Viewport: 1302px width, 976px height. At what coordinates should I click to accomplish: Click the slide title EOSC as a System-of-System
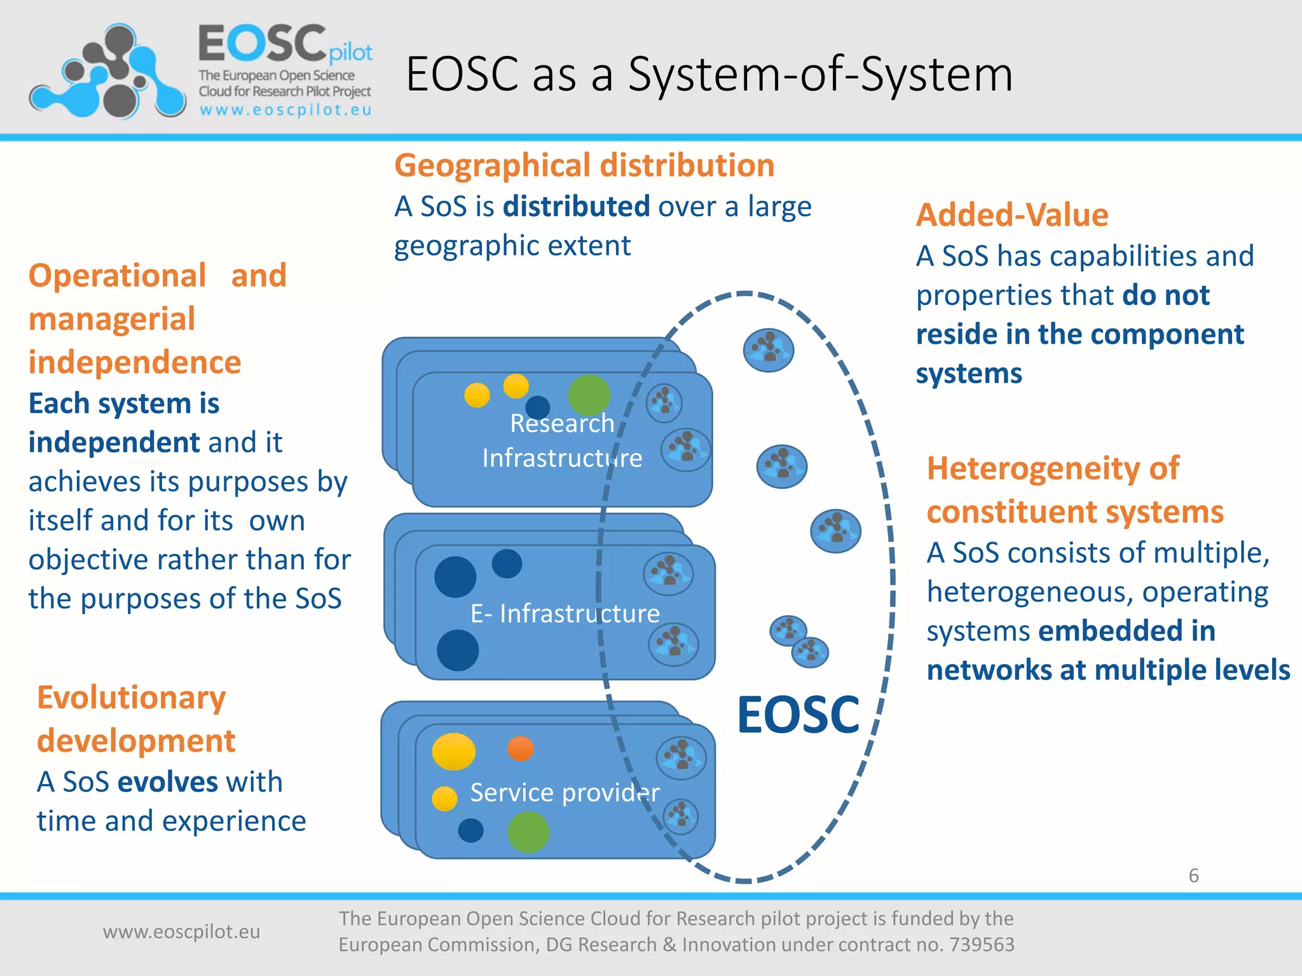coord(709,74)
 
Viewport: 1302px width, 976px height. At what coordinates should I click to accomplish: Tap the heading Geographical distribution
coord(584,165)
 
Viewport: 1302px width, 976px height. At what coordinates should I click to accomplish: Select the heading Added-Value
coord(1012,215)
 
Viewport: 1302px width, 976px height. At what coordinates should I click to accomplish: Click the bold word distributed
coord(576,207)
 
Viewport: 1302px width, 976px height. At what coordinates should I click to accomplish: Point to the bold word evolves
coord(168,782)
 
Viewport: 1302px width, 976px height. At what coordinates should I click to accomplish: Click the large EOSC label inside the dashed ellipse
coord(798,715)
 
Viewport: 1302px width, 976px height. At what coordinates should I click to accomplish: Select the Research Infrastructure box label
coord(562,440)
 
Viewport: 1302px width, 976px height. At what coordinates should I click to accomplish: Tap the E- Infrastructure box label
coord(565,613)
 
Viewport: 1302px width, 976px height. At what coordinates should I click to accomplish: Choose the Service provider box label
coord(565,792)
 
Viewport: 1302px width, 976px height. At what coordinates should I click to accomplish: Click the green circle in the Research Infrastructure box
coord(589,395)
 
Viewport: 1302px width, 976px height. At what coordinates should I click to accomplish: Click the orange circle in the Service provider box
coord(521,749)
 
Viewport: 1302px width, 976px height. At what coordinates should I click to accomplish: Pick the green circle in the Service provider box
coord(528,832)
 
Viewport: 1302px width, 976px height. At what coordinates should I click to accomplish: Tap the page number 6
coord(1193,876)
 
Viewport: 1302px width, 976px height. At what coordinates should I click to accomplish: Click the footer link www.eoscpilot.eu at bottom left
coord(181,932)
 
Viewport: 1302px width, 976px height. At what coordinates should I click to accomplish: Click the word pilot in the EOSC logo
coord(350,53)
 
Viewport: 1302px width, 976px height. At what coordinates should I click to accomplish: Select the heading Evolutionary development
coord(135,719)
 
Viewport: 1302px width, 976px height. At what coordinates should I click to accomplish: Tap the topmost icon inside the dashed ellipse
coord(769,350)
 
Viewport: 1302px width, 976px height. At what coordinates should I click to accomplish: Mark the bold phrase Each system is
coord(124,403)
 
